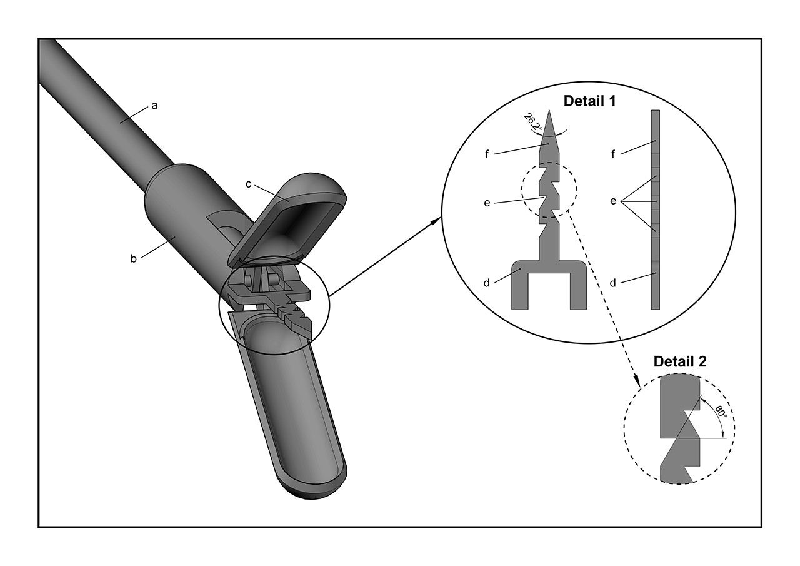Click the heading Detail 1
(589, 101)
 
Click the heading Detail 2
(680, 361)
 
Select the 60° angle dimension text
(720, 413)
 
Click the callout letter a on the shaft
(154, 106)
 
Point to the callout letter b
(133, 258)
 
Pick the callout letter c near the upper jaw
(249, 184)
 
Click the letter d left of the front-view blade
(486, 283)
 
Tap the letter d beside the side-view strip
(613, 283)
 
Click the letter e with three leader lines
(613, 201)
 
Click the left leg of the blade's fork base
(520, 291)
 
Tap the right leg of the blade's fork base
(578, 291)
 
